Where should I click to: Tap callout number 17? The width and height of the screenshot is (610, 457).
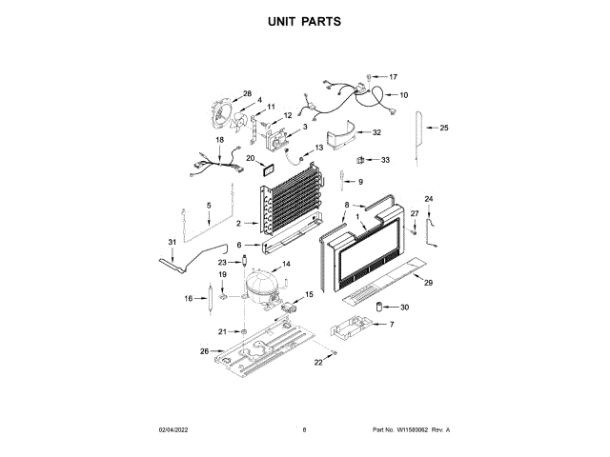(x=393, y=76)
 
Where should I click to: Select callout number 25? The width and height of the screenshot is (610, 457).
(x=443, y=128)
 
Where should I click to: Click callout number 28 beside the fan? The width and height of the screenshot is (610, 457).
(x=247, y=94)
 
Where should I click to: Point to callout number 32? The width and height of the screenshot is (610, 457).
(x=376, y=132)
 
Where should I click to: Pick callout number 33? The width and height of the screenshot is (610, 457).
(x=385, y=160)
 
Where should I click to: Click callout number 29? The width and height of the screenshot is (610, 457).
(x=428, y=284)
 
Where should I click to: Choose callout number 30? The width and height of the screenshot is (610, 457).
(x=404, y=307)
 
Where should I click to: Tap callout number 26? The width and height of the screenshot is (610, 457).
(x=204, y=351)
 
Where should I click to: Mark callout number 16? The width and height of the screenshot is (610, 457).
(x=189, y=298)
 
